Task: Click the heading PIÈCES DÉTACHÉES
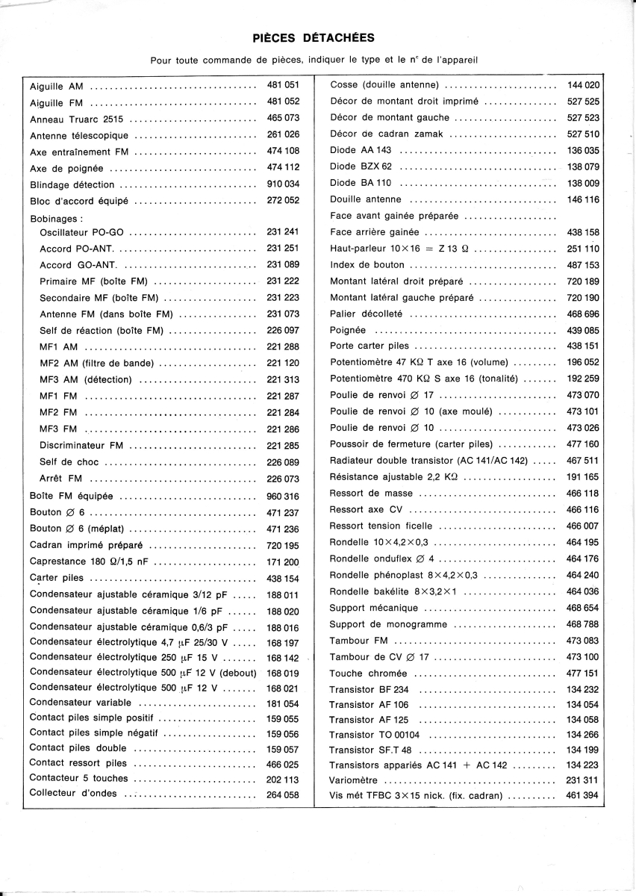pyautogui.click(x=314, y=37)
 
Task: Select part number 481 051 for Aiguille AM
pyautogui.click(x=283, y=85)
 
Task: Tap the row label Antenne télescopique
pyautogui.click(x=79, y=135)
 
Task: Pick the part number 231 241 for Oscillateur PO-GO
pyautogui.click(x=283, y=232)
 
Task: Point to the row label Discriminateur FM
pyautogui.click(x=81, y=446)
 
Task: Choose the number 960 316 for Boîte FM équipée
pyautogui.click(x=283, y=496)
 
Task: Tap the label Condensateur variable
pyautogui.click(x=81, y=703)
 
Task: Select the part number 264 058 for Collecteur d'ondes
pyautogui.click(x=283, y=794)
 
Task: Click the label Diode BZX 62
pyautogui.click(x=361, y=167)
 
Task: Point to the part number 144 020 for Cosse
pyautogui.click(x=583, y=85)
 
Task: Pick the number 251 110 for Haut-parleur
pyautogui.click(x=583, y=249)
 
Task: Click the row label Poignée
pyautogui.click(x=348, y=330)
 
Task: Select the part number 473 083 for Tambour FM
pyautogui.click(x=583, y=641)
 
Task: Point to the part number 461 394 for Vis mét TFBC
pyautogui.click(x=583, y=796)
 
